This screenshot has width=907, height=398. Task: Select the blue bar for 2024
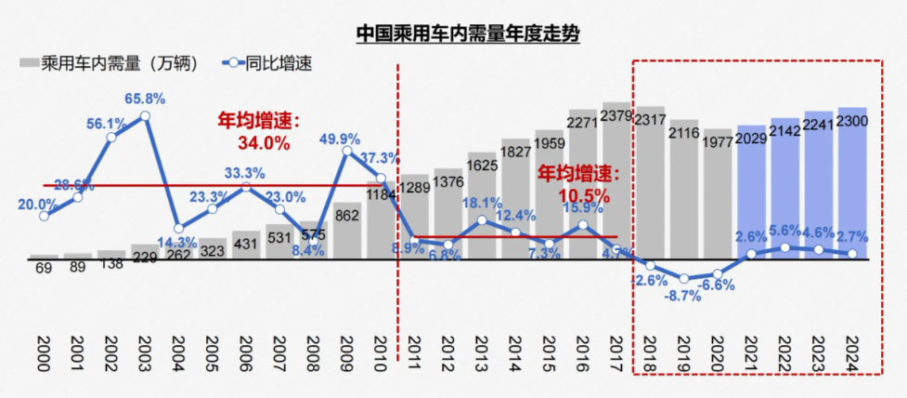tap(852, 186)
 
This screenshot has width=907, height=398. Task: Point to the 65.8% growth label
tap(148, 98)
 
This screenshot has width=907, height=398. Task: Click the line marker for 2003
tap(145, 116)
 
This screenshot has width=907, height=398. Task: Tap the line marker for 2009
tap(347, 152)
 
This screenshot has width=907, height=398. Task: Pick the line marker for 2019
tap(684, 278)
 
